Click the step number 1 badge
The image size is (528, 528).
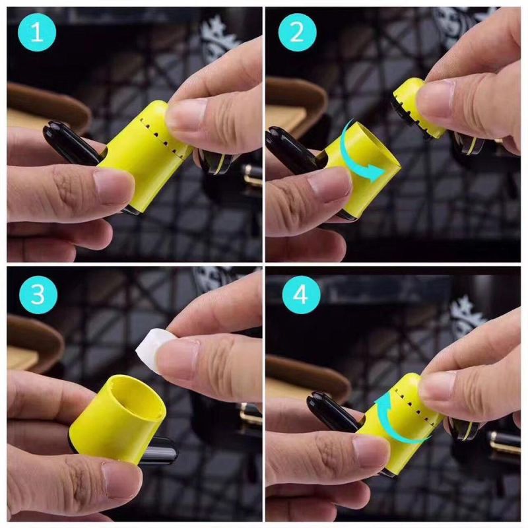(x=37, y=32)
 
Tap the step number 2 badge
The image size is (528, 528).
(x=298, y=32)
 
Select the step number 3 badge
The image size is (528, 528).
(x=38, y=295)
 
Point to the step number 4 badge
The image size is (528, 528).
(x=301, y=295)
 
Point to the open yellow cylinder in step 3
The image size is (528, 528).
(x=118, y=418)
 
